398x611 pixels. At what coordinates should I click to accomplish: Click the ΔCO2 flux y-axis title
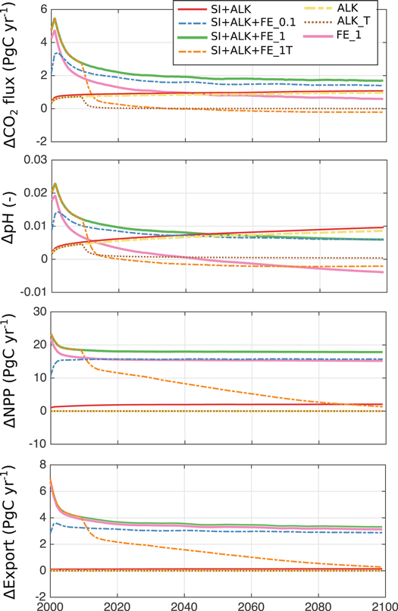coord(12,74)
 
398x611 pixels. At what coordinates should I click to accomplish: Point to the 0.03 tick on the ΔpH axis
coord(33,158)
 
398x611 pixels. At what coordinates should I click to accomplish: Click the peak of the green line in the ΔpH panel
coord(55,183)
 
